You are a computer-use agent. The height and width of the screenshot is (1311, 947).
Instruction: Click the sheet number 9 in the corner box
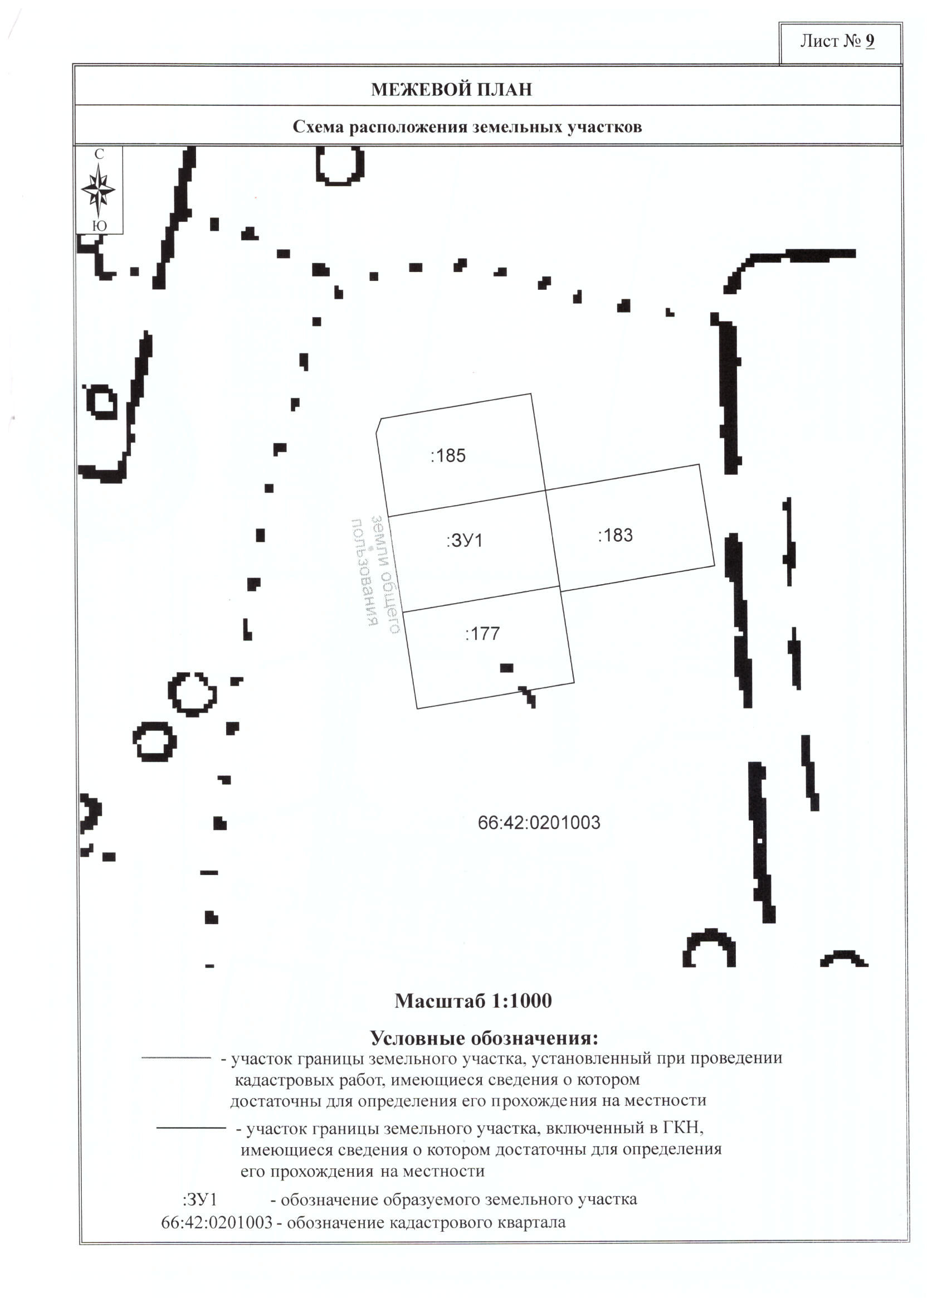pyautogui.click(x=870, y=42)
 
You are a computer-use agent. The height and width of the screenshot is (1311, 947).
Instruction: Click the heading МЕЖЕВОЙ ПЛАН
pyautogui.click(x=451, y=90)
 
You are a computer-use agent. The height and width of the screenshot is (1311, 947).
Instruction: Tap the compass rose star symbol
pyautogui.click(x=99, y=189)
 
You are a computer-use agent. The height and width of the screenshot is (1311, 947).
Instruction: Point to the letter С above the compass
pyautogui.click(x=99, y=154)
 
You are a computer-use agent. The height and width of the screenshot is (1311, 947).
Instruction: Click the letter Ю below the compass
pyautogui.click(x=99, y=226)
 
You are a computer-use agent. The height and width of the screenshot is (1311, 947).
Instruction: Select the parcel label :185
pyautogui.click(x=448, y=456)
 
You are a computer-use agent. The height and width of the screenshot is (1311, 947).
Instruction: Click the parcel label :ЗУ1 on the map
pyautogui.click(x=464, y=541)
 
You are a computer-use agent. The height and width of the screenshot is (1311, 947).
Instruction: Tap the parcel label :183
pyautogui.click(x=615, y=536)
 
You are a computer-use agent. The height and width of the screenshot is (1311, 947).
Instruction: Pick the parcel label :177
pyautogui.click(x=482, y=634)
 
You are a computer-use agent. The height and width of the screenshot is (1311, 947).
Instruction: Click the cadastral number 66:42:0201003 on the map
pyautogui.click(x=539, y=823)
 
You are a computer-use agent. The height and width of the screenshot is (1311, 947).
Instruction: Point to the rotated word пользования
pyautogui.click(x=364, y=572)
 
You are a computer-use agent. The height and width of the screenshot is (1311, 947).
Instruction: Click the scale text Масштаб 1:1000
pyautogui.click(x=472, y=1001)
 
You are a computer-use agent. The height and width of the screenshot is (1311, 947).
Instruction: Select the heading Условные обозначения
pyautogui.click(x=484, y=1038)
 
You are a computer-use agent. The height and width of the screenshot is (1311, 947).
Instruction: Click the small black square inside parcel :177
pyautogui.click(x=506, y=668)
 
